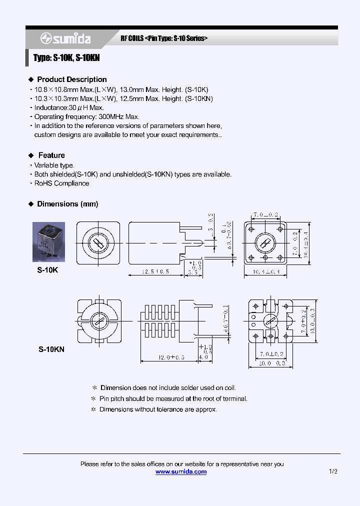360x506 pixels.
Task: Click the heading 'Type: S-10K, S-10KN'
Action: click(x=66, y=58)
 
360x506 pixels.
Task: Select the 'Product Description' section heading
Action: click(x=71, y=79)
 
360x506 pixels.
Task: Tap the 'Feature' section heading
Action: click(x=51, y=155)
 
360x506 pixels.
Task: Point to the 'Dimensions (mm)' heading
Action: click(x=67, y=204)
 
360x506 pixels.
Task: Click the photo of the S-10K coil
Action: click(x=51, y=242)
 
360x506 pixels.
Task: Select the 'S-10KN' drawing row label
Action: click(x=51, y=350)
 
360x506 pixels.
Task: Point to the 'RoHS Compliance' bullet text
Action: click(x=61, y=183)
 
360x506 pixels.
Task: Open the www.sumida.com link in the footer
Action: click(x=181, y=471)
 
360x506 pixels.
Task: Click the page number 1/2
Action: click(x=333, y=471)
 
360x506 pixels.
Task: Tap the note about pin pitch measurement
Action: click(x=173, y=398)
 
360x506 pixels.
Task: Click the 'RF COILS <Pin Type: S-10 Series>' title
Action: click(x=164, y=38)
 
